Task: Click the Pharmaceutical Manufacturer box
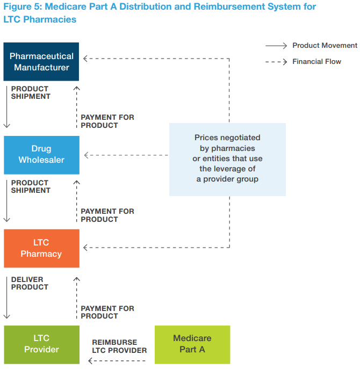41,62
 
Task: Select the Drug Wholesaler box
41,155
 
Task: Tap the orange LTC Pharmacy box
41,248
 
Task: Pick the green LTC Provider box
41,344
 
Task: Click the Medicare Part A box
192,344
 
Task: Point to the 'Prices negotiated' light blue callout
227,160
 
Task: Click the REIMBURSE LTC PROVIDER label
119,346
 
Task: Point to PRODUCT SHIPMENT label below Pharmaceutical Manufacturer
31,92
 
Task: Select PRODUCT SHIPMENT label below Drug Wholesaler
31,186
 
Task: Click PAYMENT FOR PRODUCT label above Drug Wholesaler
107,121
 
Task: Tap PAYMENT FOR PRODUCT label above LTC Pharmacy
107,215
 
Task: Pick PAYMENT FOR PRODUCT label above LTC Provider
107,312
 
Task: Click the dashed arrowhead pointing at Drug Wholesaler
87,155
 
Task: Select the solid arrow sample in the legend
276,46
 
